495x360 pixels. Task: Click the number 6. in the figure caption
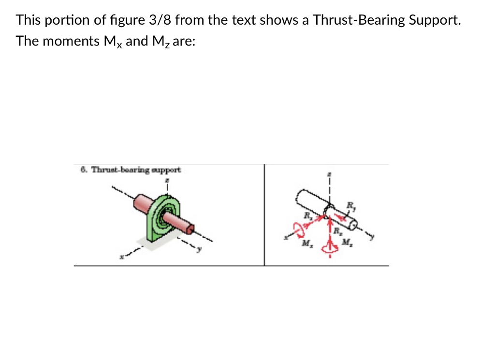pyautogui.click(x=84, y=170)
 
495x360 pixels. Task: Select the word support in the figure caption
pyautogui.click(x=167, y=170)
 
